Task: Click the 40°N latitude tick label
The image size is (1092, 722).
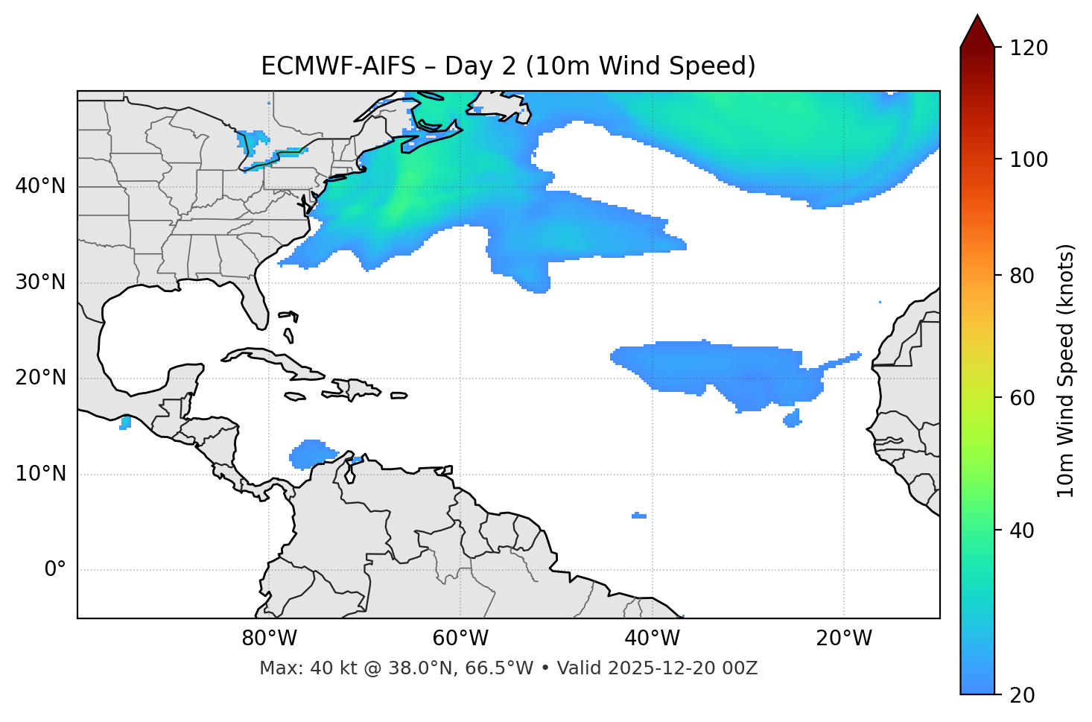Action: (40, 186)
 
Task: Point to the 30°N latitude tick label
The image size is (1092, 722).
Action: (40, 282)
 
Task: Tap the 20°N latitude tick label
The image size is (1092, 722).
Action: (40, 378)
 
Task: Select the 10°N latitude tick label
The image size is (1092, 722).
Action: (40, 474)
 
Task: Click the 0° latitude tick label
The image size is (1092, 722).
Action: (55, 570)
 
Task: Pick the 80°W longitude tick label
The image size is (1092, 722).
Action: (269, 639)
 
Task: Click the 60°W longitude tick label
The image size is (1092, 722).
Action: (460, 639)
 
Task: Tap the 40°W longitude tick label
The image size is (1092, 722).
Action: (652, 639)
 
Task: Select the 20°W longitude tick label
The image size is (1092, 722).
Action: (844, 639)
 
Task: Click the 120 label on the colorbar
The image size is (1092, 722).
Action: (1028, 48)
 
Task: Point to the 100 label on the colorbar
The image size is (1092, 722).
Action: (1028, 159)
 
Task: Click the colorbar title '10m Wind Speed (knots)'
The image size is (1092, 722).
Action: (1066, 370)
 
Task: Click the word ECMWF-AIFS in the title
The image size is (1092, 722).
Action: (337, 66)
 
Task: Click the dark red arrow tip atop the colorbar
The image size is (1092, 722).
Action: (977, 30)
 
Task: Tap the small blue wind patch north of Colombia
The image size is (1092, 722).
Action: (312, 454)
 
